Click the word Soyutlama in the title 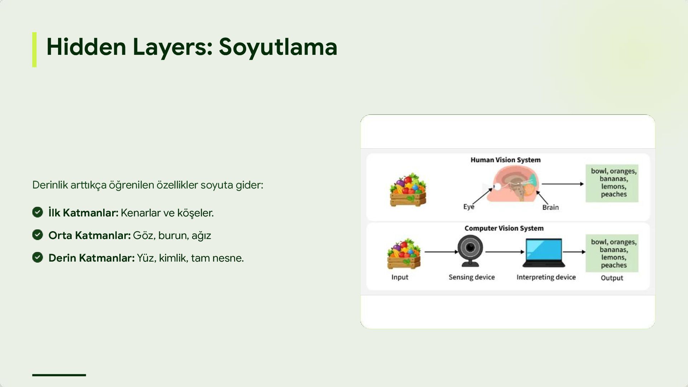[x=278, y=47]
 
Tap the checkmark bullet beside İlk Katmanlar [x=38, y=212]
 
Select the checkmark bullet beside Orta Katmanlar [x=38, y=235]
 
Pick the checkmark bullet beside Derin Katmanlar [x=38, y=257]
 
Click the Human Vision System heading [x=505, y=160]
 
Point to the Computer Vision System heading [x=504, y=228]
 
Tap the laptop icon [x=544, y=253]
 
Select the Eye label [x=468, y=207]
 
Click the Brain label [x=550, y=207]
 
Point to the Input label [x=400, y=277]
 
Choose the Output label [x=612, y=278]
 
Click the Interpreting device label [x=546, y=277]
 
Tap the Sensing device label [x=472, y=277]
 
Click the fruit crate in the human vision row [x=408, y=190]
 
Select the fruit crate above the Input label [x=404, y=254]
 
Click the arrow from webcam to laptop [x=505, y=252]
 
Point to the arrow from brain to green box [x=562, y=184]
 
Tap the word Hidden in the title [x=86, y=47]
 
